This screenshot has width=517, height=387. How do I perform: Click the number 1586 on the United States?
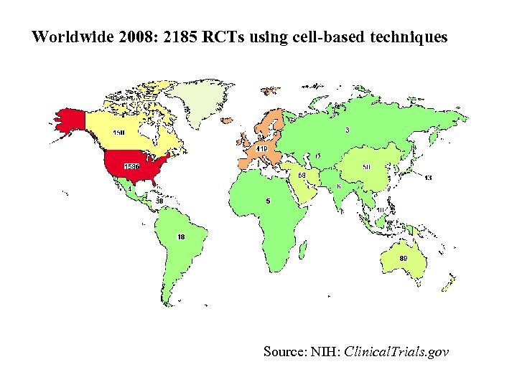(x=131, y=166)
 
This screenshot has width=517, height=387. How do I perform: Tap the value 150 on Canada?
(x=118, y=133)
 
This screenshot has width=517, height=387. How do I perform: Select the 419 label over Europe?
(x=261, y=148)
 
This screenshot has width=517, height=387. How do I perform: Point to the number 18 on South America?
(x=181, y=236)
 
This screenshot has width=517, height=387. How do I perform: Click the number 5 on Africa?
(x=268, y=201)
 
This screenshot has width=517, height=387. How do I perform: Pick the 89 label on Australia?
(x=404, y=258)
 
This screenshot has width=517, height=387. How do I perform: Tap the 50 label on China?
(x=366, y=167)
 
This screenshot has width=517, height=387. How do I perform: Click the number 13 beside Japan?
(x=428, y=177)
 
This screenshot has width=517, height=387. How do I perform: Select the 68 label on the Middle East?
(x=302, y=175)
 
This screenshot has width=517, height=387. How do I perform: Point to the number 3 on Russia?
(x=348, y=130)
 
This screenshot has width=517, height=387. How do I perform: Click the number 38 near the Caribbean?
(x=159, y=200)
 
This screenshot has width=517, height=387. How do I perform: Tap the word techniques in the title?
(x=406, y=37)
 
